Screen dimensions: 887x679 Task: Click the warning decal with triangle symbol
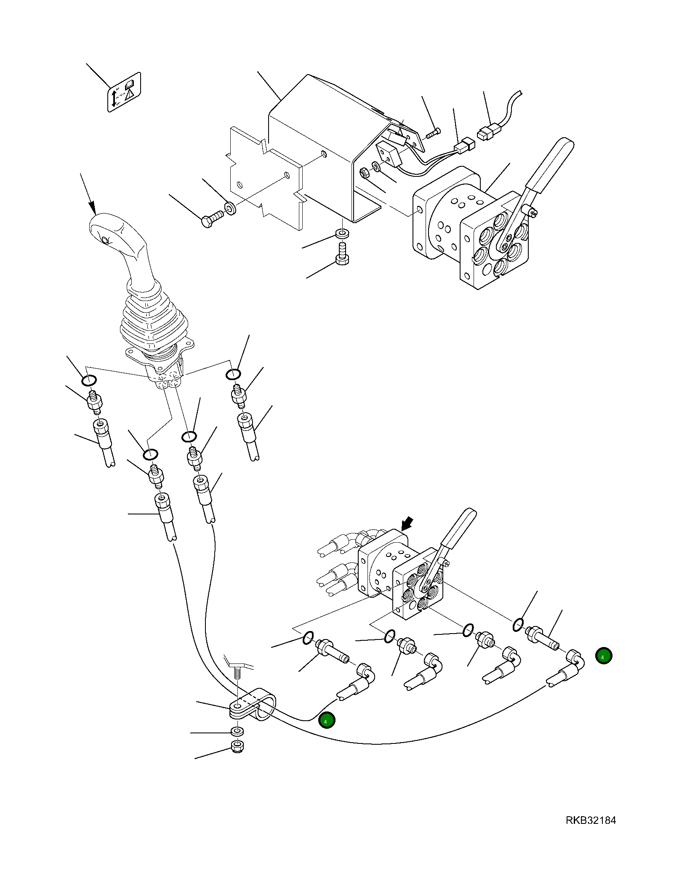click(x=124, y=92)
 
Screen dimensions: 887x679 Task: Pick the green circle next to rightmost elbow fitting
click(x=604, y=656)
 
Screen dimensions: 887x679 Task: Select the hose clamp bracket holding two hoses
click(x=253, y=707)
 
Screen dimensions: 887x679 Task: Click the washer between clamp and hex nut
click(x=238, y=730)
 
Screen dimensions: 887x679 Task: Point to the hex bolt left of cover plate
click(x=211, y=220)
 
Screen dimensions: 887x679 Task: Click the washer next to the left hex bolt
click(x=230, y=208)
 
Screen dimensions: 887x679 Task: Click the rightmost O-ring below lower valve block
click(x=519, y=625)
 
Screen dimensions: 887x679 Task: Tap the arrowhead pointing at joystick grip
click(x=92, y=207)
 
